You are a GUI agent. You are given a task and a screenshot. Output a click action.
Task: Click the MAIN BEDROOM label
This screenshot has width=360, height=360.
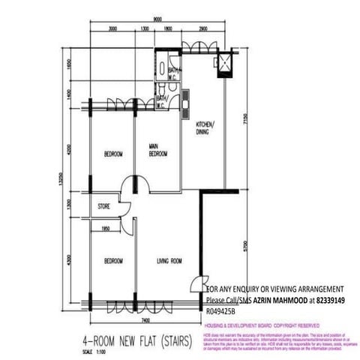click(x=157, y=150)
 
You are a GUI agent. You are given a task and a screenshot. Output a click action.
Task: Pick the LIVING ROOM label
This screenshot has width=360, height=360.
click(x=170, y=260)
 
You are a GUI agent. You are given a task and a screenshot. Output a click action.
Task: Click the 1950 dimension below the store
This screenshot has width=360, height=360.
click(x=106, y=226)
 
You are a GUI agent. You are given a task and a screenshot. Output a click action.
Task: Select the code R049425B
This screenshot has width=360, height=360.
click(x=220, y=308)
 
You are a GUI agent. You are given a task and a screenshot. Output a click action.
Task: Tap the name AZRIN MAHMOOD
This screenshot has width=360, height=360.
click(x=273, y=298)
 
